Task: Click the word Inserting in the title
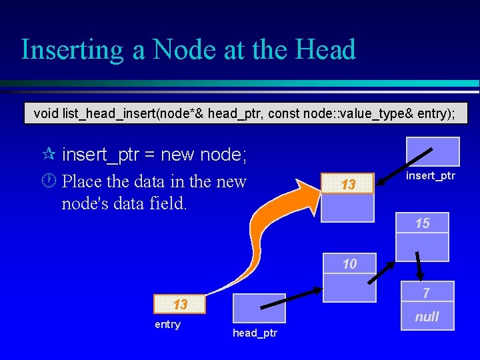pos(73,50)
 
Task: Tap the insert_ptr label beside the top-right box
pos(431,175)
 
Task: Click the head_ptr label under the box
pos(255,333)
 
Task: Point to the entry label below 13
pos(167,325)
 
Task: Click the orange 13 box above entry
pos(180,304)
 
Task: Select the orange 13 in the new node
pos(348,184)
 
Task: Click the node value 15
pos(422,223)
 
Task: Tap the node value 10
pos(349,264)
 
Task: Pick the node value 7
pos(427,293)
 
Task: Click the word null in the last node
pos(427,317)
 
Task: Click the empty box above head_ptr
pos(259,308)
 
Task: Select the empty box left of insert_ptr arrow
pos(433,151)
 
